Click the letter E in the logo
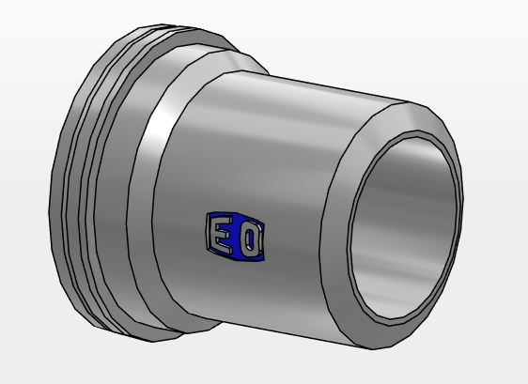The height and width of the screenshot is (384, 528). tap(218, 233)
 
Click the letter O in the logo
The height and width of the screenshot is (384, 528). tap(250, 240)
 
